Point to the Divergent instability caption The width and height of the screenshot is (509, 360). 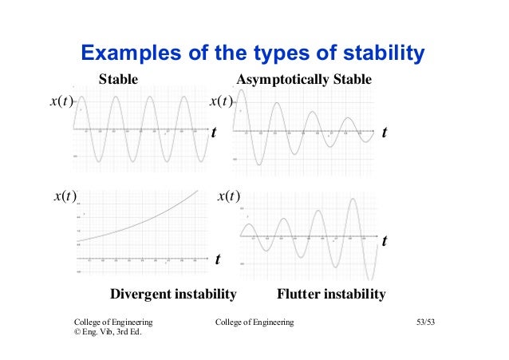click(x=173, y=295)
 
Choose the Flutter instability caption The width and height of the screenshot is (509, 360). click(x=330, y=295)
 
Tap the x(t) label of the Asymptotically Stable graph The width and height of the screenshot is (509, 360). click(x=220, y=101)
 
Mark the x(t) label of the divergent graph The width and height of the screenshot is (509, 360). click(x=65, y=196)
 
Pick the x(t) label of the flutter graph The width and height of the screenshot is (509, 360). click(x=229, y=196)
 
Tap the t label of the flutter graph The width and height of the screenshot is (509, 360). click(x=385, y=239)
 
